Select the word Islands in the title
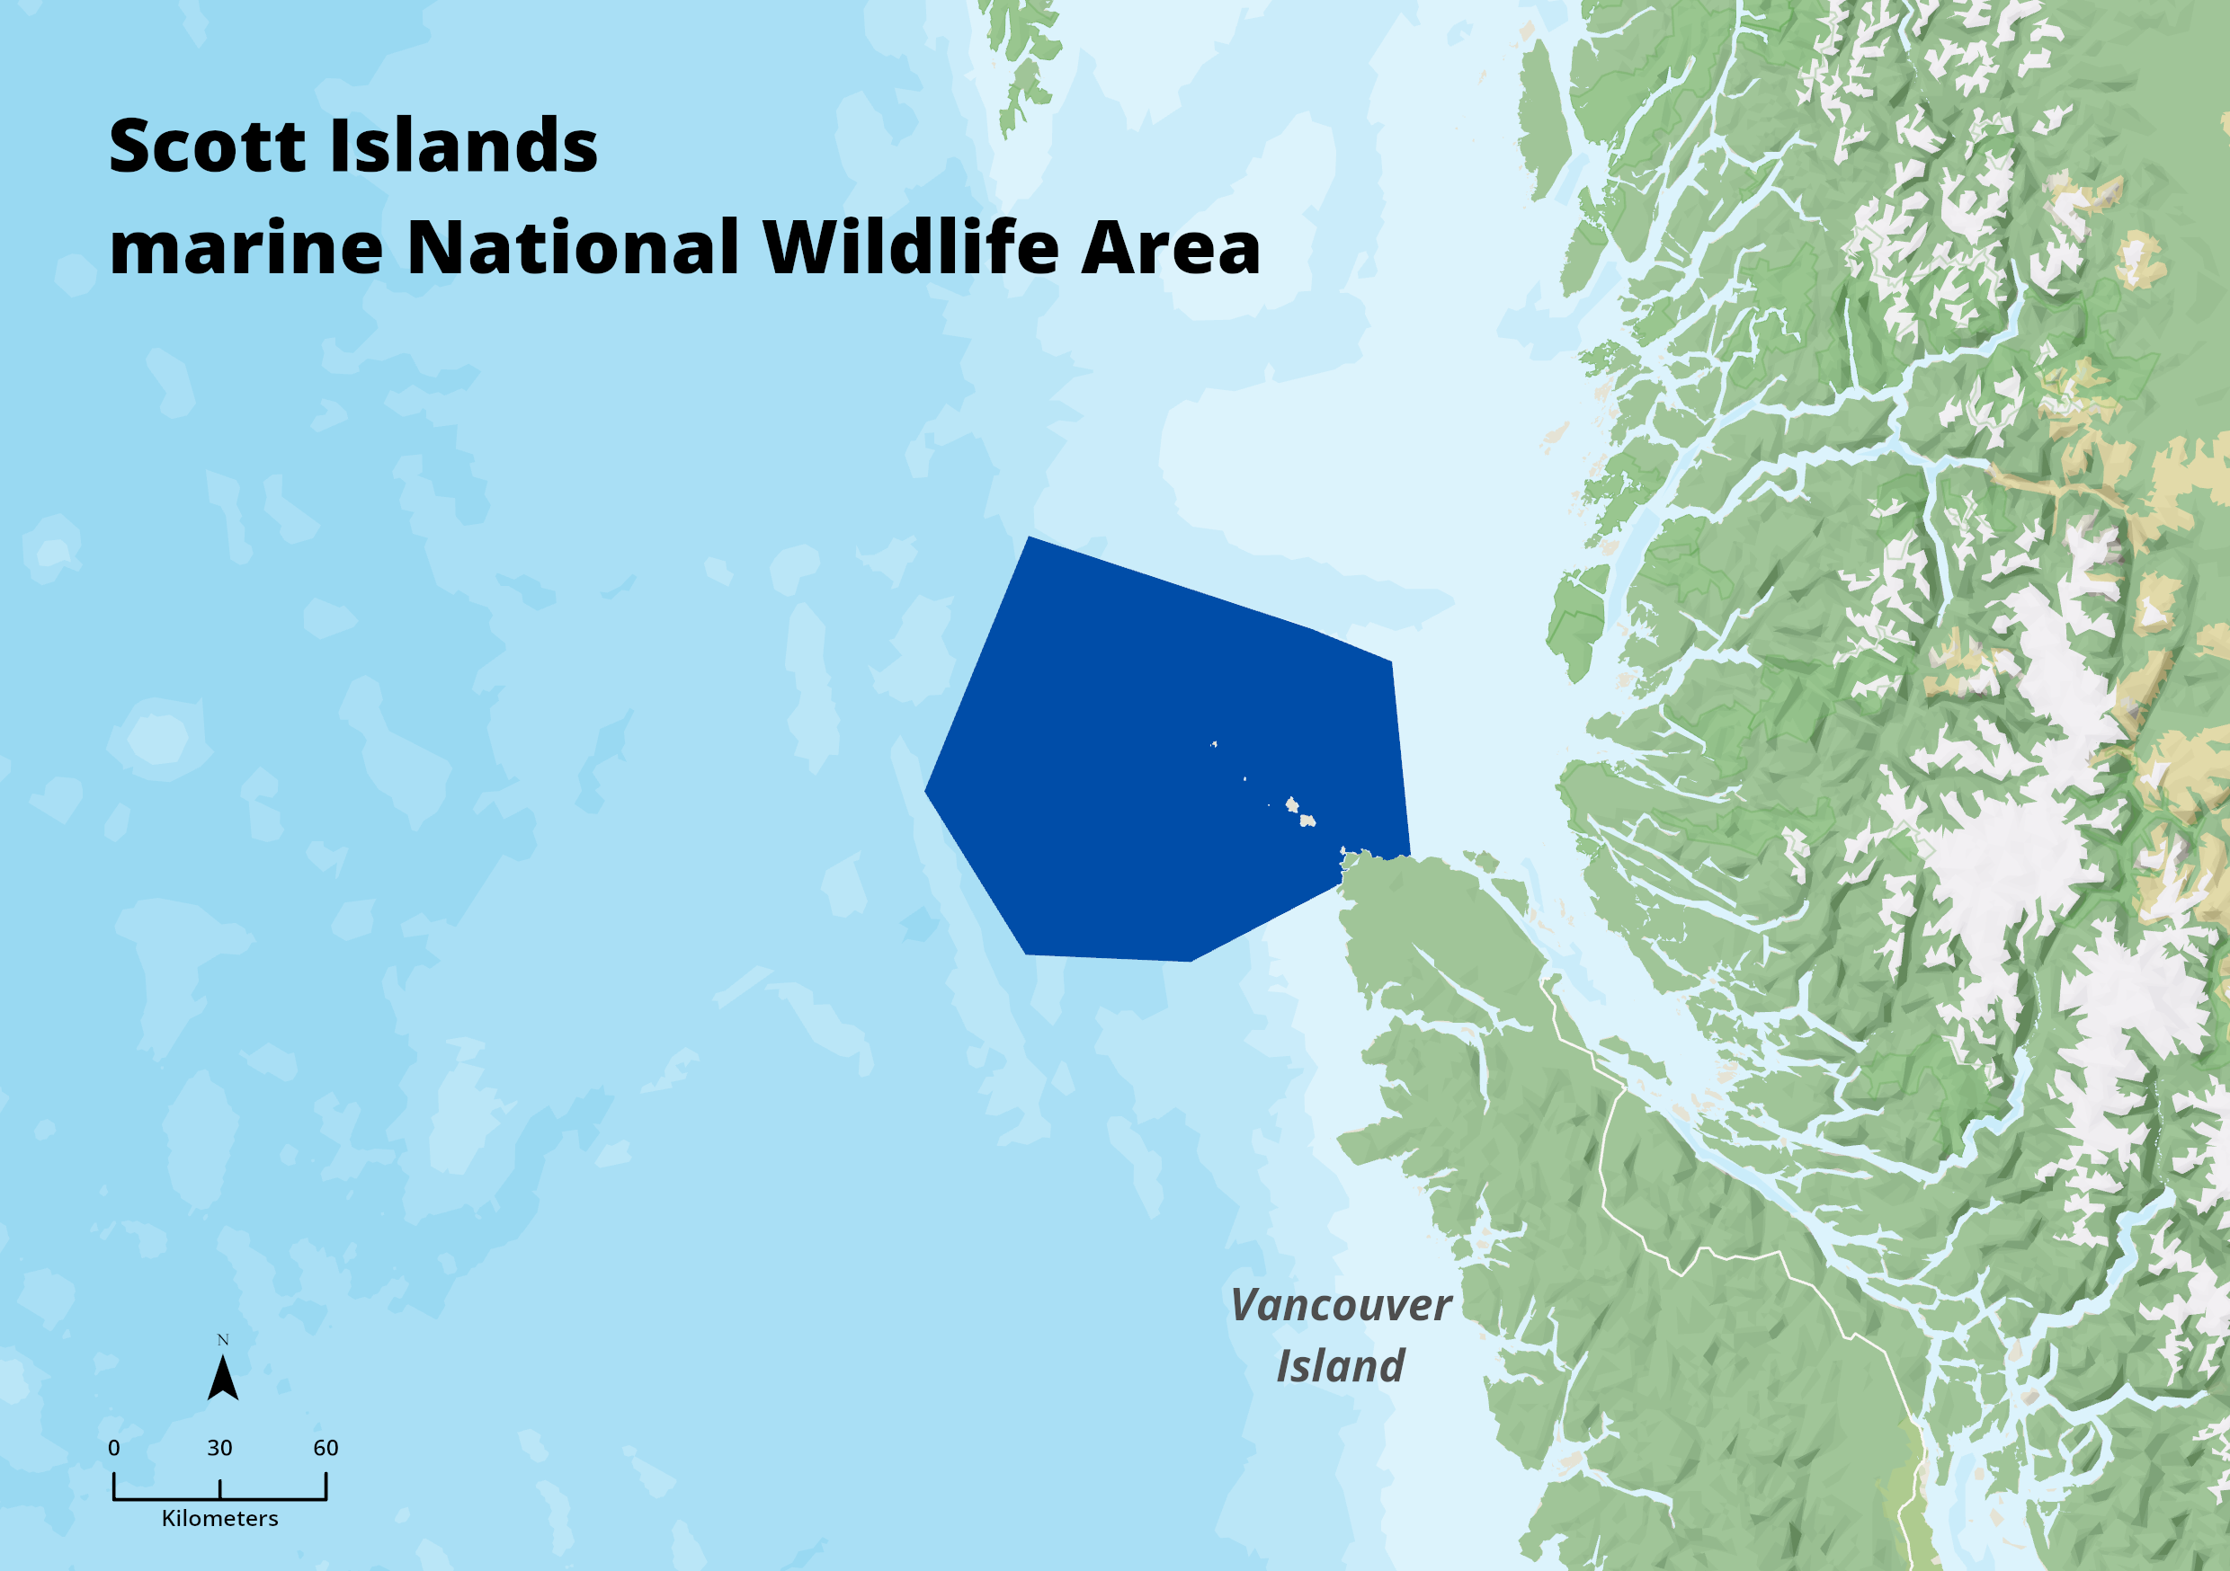click(x=464, y=146)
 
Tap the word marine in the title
click(x=246, y=247)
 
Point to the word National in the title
click(x=573, y=247)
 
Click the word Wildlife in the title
click(x=910, y=247)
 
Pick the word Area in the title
click(x=1171, y=247)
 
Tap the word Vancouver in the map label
click(x=1341, y=1305)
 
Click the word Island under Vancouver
click(x=1341, y=1365)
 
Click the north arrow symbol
click(x=222, y=1379)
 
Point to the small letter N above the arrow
click(x=222, y=1340)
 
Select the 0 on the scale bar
click(x=113, y=1448)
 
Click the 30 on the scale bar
click(x=219, y=1448)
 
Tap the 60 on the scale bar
click(x=326, y=1448)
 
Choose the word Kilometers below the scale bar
click(x=219, y=1519)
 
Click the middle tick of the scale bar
click(x=219, y=1488)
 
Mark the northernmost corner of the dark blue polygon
click(x=1029, y=537)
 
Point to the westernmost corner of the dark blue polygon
click(x=924, y=790)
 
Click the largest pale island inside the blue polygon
click(x=1307, y=821)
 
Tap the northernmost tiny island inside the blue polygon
click(x=1214, y=745)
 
